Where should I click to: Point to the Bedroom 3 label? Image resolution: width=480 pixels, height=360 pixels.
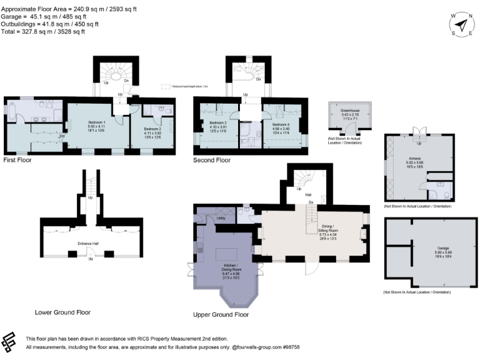[x=217, y=122]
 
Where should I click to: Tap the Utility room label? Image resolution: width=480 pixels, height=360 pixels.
[x=221, y=218]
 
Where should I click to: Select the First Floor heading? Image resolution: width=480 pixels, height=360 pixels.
[x=17, y=160]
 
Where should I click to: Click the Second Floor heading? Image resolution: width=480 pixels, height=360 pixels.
[x=212, y=161]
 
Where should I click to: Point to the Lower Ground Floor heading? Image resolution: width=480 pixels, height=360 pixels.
[x=63, y=311]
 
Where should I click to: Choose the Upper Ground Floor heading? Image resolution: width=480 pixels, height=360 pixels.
[x=221, y=314]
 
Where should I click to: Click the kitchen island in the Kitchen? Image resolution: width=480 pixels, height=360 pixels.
[x=226, y=254]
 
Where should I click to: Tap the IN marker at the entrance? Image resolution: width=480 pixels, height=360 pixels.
[x=91, y=258]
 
